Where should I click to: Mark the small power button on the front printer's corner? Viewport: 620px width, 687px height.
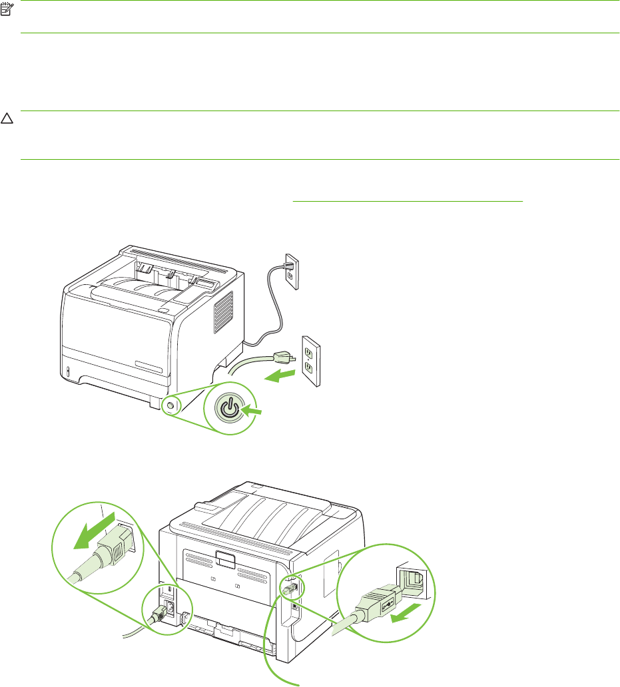169,405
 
